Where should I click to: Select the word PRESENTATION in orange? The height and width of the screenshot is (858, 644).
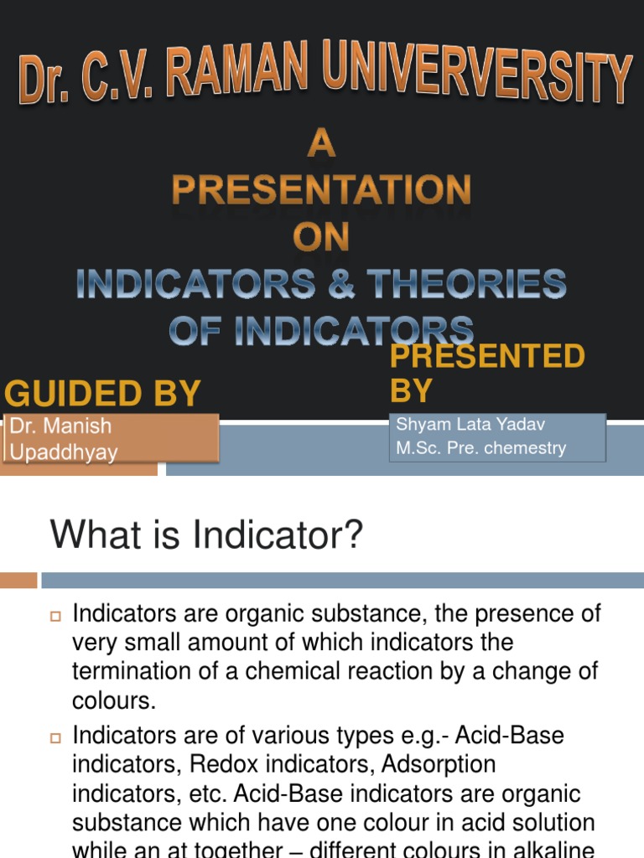coord(321,191)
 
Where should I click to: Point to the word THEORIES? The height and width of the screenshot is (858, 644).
coord(467,285)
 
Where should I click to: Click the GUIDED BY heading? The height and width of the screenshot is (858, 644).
coord(103,393)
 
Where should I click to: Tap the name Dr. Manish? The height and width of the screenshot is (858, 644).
coord(60,426)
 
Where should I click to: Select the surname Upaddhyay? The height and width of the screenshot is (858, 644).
coord(64,452)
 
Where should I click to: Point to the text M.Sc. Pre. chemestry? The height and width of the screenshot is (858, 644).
coord(480,448)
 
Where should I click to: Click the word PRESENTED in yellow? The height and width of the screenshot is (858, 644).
coord(487,357)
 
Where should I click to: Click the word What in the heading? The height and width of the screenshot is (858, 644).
coord(86,535)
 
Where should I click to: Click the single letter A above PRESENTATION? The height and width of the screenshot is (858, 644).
coord(321,146)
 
